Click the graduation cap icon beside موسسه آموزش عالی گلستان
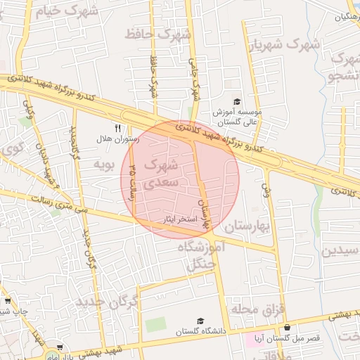pos(236,102)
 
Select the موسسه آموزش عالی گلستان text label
pos(237,117)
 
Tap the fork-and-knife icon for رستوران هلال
pos(117,129)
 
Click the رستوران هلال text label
pos(117,139)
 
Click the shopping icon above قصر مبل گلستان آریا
pos(287,328)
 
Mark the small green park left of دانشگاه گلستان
pos(156,325)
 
